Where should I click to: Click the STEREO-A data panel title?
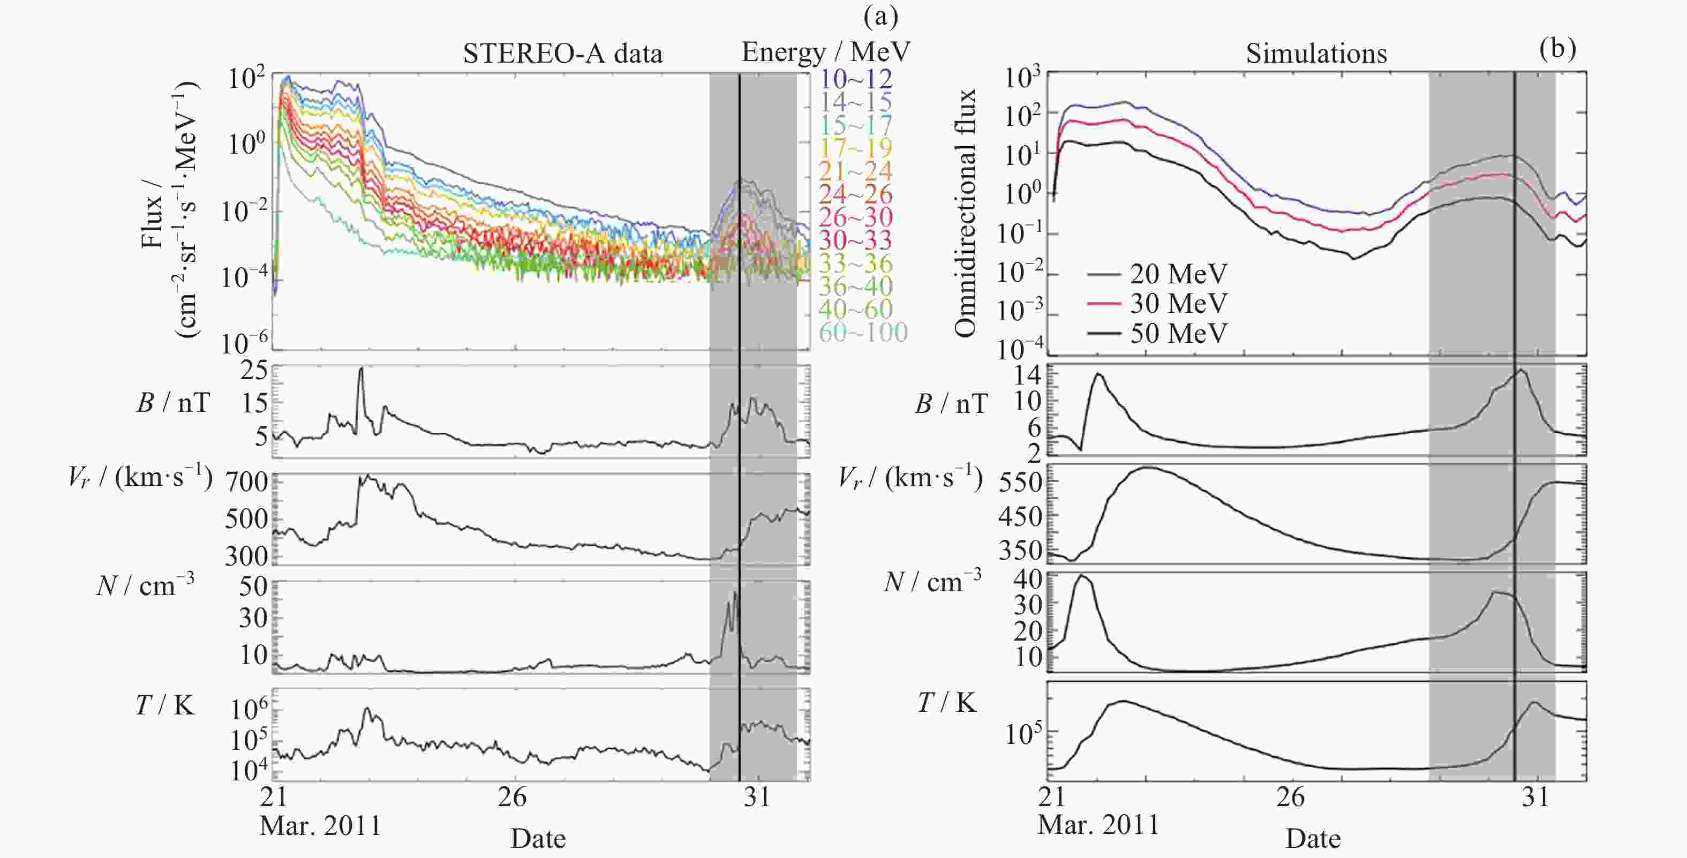pyautogui.click(x=562, y=54)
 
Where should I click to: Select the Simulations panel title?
pyautogui.click(x=1316, y=54)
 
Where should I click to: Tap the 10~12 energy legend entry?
pyautogui.click(x=855, y=79)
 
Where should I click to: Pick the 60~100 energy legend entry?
pyautogui.click(x=862, y=333)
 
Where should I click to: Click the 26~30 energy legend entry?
pyautogui.click(x=855, y=217)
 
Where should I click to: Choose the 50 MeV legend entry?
pyautogui.click(x=1178, y=333)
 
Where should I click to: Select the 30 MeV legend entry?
pyautogui.click(x=1178, y=303)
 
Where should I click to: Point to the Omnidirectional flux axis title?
pyautogui.click(x=965, y=213)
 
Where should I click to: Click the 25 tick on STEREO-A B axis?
pyautogui.click(x=254, y=371)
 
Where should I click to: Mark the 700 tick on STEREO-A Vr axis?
pyautogui.click(x=247, y=482)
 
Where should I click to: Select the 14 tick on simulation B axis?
pyautogui.click(x=1027, y=375)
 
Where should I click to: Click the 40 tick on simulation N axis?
pyautogui.click(x=1027, y=579)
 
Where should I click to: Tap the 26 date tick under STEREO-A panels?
pyautogui.click(x=512, y=797)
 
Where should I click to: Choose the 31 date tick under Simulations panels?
pyautogui.click(x=1535, y=797)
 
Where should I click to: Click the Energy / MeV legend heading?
pyautogui.click(x=826, y=52)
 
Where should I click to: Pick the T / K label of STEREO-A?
pyautogui.click(x=165, y=705)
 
